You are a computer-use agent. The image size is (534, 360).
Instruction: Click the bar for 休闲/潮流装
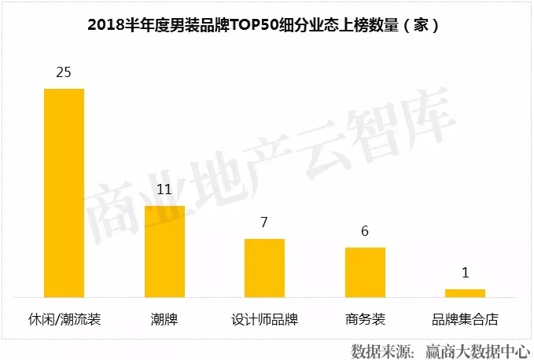click(64, 193)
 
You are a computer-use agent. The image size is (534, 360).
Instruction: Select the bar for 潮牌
click(164, 252)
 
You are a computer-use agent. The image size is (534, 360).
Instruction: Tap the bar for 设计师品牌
click(264, 268)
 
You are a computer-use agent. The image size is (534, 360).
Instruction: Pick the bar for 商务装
click(365, 272)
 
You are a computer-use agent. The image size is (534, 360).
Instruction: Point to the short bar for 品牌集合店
click(465, 293)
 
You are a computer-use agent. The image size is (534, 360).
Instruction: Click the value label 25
click(64, 72)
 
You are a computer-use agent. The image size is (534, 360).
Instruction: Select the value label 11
click(164, 189)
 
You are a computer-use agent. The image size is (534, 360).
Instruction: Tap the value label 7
click(264, 222)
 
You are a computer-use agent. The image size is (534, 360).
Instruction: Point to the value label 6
click(365, 231)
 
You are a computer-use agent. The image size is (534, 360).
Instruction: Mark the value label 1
click(465, 273)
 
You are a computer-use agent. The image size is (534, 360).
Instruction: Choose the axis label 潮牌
click(164, 320)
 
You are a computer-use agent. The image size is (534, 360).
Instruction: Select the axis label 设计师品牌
click(264, 320)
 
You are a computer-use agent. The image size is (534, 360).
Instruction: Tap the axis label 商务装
click(365, 320)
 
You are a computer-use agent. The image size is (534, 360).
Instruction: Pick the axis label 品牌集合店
click(465, 320)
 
